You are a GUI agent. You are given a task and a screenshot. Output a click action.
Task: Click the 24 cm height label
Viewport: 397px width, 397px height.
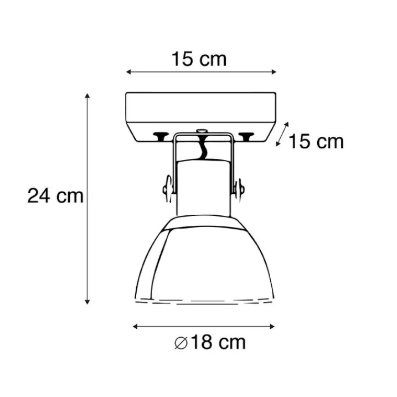(55, 196)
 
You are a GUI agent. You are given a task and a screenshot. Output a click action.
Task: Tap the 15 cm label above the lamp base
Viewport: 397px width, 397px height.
(199, 59)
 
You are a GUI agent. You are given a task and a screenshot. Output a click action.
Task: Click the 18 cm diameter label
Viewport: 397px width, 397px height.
(210, 342)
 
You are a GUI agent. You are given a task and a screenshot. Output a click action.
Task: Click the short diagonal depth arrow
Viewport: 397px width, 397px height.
(283, 134)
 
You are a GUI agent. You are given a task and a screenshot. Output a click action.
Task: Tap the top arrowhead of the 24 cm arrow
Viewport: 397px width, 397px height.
(87, 96)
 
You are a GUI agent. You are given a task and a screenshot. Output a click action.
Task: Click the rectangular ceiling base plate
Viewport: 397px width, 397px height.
(200, 114)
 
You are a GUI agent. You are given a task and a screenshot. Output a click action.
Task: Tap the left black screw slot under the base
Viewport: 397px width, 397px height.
(160, 135)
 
